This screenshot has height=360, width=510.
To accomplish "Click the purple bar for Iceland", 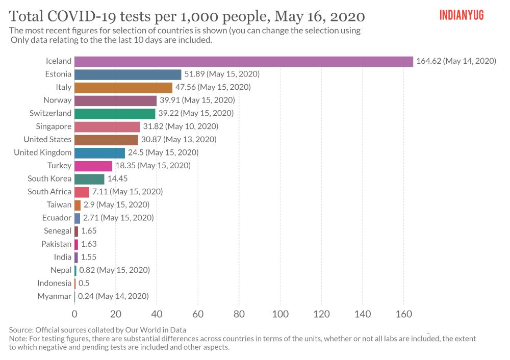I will click(243, 61).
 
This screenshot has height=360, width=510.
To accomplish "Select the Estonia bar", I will click(127, 74).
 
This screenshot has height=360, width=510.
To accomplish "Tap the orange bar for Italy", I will click(123, 87).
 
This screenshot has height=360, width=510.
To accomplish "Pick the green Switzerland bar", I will click(115, 113).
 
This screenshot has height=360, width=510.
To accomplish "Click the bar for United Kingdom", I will click(99, 152).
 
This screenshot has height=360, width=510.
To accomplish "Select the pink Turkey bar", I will click(93, 166).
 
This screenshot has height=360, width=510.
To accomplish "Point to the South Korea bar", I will click(89, 179).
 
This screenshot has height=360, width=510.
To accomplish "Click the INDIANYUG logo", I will click(461, 15).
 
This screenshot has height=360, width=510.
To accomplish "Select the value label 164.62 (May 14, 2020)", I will click(456, 61).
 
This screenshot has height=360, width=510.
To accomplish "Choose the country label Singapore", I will click(54, 126).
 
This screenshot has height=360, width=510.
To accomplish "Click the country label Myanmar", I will click(55, 296).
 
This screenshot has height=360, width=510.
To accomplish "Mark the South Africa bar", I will click(82, 192).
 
